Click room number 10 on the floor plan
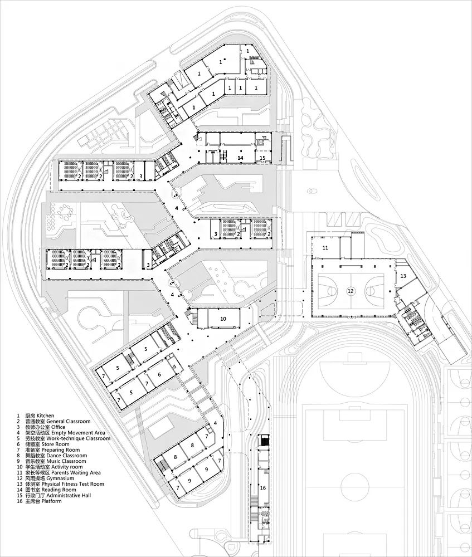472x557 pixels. [223, 319]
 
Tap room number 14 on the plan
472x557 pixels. [240, 157]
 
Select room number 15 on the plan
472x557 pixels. [262, 158]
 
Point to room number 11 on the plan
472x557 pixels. [325, 247]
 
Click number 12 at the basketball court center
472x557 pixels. [351, 291]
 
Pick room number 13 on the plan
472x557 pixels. [403, 276]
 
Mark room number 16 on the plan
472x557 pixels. [263, 488]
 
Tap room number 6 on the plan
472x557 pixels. [159, 374]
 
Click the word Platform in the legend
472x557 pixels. [51, 501]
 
